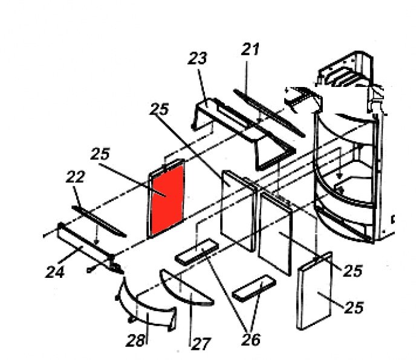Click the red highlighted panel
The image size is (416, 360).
click(167, 199)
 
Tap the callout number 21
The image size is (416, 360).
click(250, 50)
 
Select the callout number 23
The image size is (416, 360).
click(197, 59)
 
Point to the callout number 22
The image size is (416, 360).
click(76, 176)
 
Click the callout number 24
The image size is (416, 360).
click(55, 272)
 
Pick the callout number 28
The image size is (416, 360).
click(136, 341)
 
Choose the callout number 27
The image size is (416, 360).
click(201, 344)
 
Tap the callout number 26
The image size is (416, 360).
click(251, 339)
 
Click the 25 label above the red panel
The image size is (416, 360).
click(100, 154)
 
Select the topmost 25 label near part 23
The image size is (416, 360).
click(159, 109)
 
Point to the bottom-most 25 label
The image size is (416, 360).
click(354, 307)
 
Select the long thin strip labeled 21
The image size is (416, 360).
click(269, 113)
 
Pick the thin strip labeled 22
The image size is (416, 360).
click(99, 221)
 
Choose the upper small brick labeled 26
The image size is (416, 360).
click(197, 251)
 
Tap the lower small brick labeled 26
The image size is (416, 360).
click(254, 288)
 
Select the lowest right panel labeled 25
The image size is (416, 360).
click(315, 291)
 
